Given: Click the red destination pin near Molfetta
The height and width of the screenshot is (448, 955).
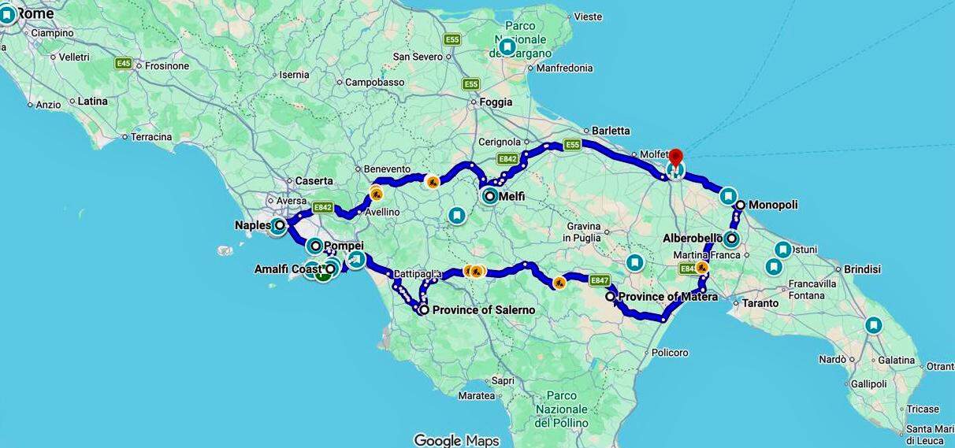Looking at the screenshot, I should pyautogui.click(x=675, y=156).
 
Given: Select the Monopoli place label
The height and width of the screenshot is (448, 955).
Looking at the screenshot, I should pyautogui.click(x=772, y=205).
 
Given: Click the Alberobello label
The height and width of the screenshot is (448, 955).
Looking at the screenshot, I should pyautogui.click(x=693, y=238).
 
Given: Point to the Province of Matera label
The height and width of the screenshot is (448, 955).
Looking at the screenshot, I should pyautogui.click(x=668, y=297).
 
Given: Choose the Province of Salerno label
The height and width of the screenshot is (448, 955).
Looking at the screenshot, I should pyautogui.click(x=484, y=310).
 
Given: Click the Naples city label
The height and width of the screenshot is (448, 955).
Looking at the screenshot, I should pyautogui.click(x=253, y=225).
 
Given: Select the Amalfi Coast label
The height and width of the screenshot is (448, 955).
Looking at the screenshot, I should pyautogui.click(x=288, y=269).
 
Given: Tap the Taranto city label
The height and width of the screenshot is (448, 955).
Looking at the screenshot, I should pyautogui.click(x=760, y=303).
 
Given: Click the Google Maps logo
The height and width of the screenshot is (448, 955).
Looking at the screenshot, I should pyautogui.click(x=457, y=439).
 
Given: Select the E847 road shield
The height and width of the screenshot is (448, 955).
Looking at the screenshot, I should pyautogui.click(x=600, y=280).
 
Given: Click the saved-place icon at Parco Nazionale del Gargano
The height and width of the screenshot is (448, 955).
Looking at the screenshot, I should pyautogui.click(x=507, y=47).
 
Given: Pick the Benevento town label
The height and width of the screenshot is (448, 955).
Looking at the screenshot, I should pyautogui.click(x=387, y=168).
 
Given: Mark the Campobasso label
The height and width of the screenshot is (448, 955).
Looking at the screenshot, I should pyautogui.click(x=374, y=82).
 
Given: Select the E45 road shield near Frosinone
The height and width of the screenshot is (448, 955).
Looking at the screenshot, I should pyautogui.click(x=123, y=63).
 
